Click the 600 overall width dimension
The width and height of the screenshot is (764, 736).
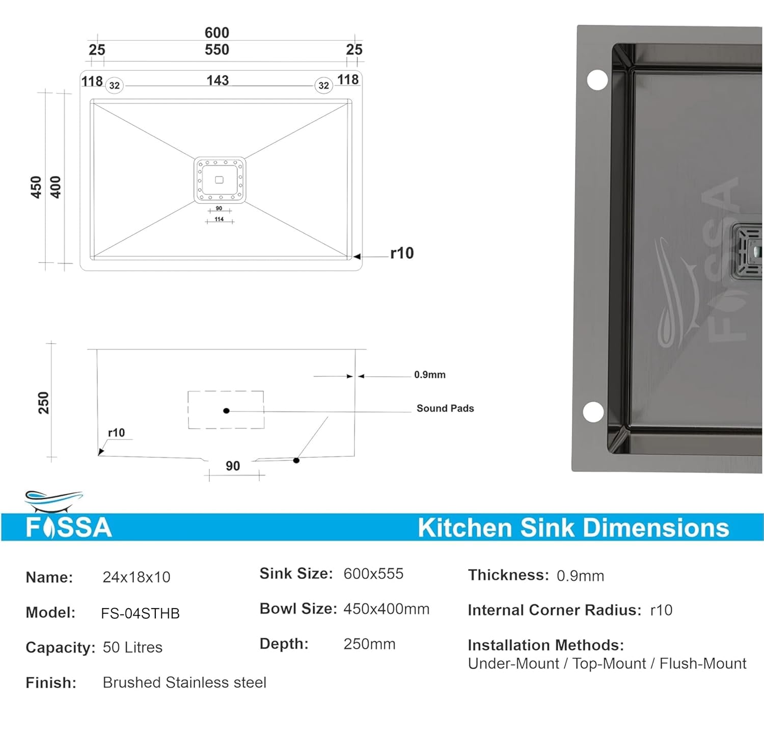pos(217,33)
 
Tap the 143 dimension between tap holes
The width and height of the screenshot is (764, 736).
pos(217,81)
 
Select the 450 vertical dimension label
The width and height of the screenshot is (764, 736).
pos(36,187)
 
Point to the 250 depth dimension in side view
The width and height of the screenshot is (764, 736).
pos(44,403)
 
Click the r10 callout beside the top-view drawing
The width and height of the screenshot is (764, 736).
pos(402,253)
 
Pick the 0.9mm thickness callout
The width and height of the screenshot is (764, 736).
pos(430,375)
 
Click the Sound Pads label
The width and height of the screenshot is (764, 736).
pos(445,408)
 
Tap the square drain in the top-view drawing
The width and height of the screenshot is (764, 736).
pos(220,180)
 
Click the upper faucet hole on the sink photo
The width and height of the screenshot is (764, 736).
pos(597,80)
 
